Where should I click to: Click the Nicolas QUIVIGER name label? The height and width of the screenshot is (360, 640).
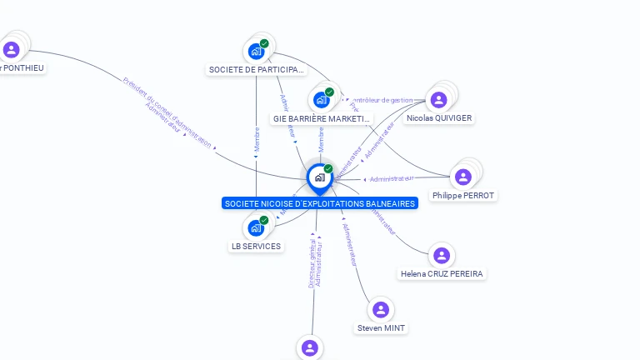(439, 118)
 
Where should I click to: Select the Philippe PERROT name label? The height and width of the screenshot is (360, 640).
(462, 196)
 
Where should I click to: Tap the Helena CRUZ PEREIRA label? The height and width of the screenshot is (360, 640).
(441, 274)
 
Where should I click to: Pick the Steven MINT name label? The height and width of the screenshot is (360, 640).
(381, 328)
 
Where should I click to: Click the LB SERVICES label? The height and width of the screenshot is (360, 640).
(256, 247)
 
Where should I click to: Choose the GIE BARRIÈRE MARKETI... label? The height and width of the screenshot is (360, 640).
(321, 119)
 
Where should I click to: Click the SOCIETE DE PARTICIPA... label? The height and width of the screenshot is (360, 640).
(256, 70)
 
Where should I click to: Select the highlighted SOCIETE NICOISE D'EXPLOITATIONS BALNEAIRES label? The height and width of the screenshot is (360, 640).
(319, 204)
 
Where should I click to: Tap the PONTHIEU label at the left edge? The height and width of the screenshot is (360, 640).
(22, 68)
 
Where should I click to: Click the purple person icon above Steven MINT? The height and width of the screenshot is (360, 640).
(381, 310)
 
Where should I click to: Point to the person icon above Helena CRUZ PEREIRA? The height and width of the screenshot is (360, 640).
(442, 256)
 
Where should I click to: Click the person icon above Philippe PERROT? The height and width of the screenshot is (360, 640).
(463, 177)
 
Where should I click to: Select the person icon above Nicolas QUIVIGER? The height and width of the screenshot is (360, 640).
(439, 100)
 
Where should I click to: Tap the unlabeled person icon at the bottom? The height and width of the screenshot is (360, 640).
(310, 347)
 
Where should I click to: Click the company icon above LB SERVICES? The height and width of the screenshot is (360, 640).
(256, 227)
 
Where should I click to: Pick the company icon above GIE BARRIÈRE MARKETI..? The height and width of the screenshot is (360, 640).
(321, 100)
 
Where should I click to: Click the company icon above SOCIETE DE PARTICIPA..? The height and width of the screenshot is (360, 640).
(256, 51)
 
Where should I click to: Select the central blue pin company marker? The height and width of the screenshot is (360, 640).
(319, 177)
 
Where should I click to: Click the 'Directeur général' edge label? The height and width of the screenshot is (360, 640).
(312, 263)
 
